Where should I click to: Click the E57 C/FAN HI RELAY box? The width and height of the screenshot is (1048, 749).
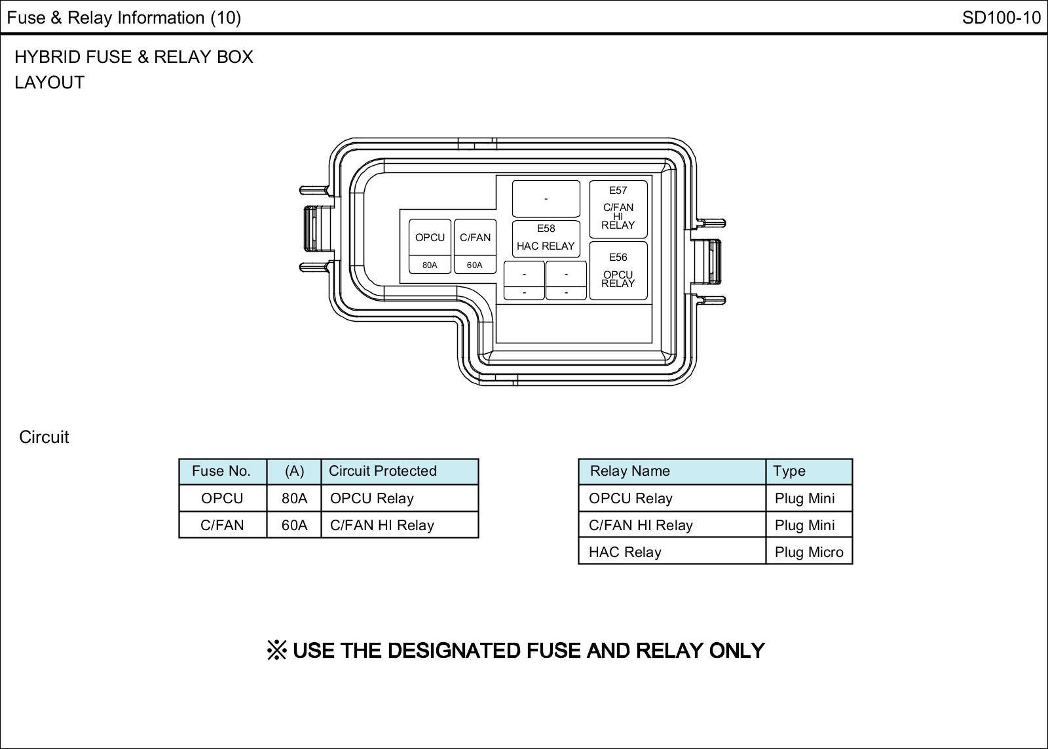coord(618,208)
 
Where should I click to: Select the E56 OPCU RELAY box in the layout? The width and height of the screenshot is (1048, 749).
coord(618,271)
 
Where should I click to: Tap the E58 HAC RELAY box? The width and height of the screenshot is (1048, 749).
coord(546,239)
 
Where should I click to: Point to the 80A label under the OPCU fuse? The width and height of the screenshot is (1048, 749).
coord(430,265)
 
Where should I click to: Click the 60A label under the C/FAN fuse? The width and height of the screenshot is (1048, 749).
coord(475,265)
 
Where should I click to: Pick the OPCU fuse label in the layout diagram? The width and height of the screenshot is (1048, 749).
coord(430,238)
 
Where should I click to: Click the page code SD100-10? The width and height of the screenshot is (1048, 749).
coord(1001,18)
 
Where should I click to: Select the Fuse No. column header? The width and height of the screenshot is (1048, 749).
coord(221,471)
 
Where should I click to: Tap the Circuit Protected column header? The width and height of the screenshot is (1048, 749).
coord(383,471)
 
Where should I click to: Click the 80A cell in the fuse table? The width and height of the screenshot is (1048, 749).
coord(294,499)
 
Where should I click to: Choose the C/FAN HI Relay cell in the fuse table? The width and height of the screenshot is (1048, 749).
coord(382,526)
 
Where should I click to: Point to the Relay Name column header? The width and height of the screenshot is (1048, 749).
coord(630,471)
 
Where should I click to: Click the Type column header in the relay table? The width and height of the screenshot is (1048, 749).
coord(789,471)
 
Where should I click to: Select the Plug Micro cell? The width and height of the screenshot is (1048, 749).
coord(809,552)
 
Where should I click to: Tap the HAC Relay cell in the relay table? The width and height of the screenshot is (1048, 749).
coord(625,552)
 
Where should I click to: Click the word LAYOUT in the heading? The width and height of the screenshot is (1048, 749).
coord(50,83)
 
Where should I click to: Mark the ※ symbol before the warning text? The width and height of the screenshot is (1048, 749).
coord(277,651)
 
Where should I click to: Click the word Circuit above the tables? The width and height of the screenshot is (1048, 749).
coord(44,437)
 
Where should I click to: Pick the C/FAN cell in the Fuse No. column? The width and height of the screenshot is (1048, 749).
coord(222,526)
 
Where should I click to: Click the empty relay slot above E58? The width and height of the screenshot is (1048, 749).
coord(546,199)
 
